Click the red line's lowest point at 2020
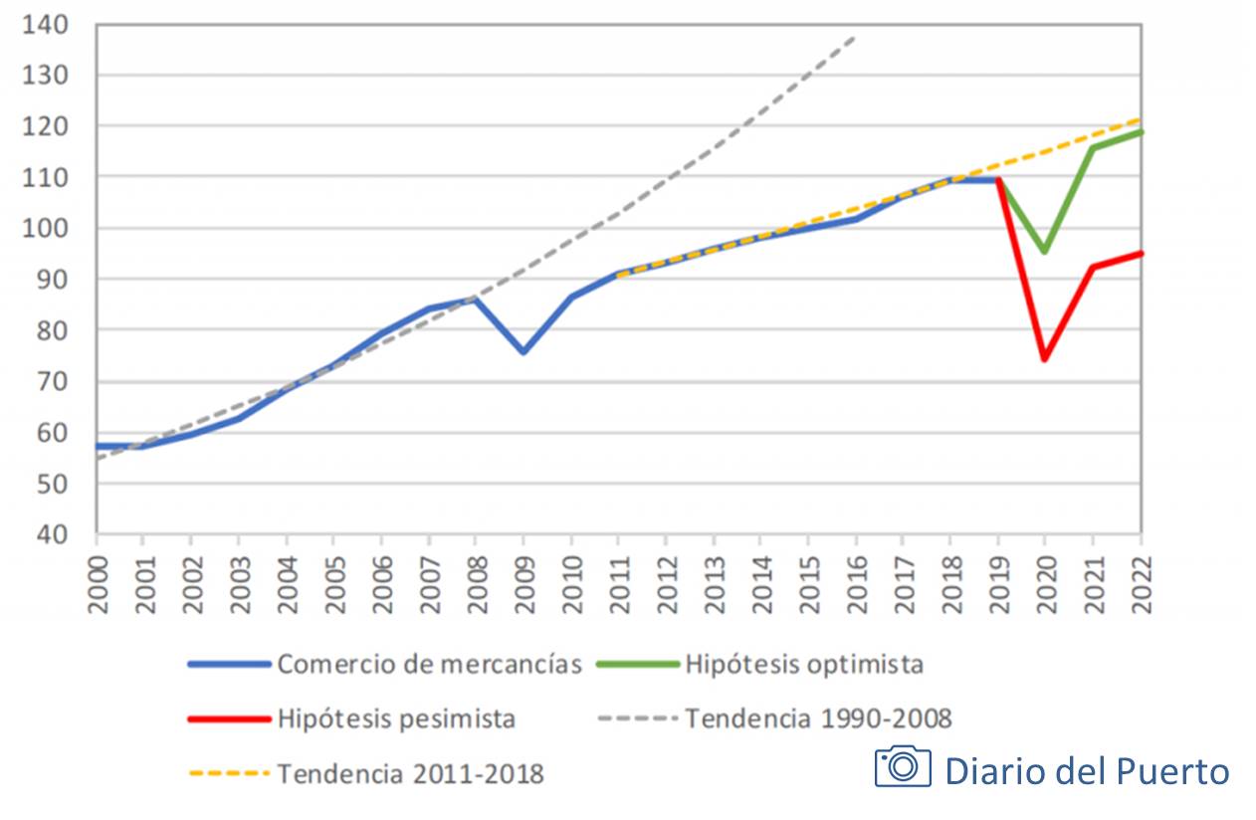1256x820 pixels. pos(1045,359)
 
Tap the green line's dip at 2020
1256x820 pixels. pos(1045,252)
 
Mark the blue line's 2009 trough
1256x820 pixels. pos(523,352)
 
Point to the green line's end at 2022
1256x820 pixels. pos(1141,131)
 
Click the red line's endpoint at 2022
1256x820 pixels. pos(1141,253)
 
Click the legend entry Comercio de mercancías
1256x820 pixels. pos(429,664)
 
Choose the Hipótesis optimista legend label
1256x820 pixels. pos(804,664)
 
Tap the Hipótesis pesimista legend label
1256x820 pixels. pos(396,717)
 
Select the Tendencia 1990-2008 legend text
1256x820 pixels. pos(818,717)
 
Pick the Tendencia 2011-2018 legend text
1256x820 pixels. pos(410,773)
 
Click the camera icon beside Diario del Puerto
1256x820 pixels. pos(903,766)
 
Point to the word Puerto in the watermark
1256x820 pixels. pos(1178,770)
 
